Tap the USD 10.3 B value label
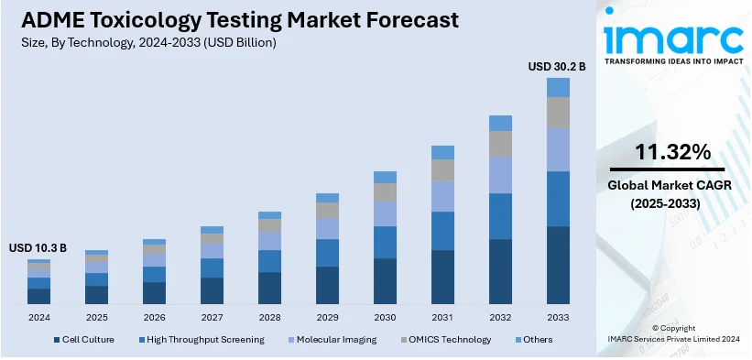(x=38, y=248)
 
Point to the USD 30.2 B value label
(x=557, y=66)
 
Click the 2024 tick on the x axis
(x=38, y=317)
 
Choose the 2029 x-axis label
(x=327, y=317)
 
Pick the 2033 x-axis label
(x=558, y=317)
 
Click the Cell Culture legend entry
(x=85, y=339)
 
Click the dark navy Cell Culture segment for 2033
(x=558, y=265)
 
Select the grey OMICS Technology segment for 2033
(x=558, y=112)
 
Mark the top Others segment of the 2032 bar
(x=500, y=123)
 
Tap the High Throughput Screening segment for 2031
(x=442, y=230)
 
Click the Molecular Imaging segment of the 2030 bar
(x=385, y=213)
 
